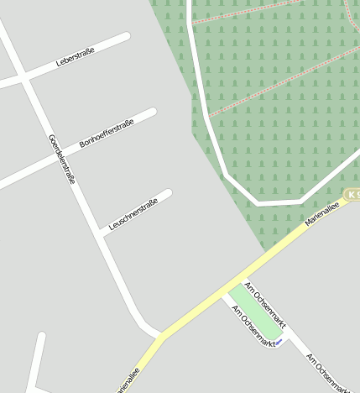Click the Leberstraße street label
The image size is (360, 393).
tap(76, 57)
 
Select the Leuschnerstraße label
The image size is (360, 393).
tap(134, 213)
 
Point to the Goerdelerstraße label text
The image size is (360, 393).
tap(62, 160)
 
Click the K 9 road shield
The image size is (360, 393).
tap(352, 196)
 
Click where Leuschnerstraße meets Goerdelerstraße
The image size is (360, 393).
tap(102, 233)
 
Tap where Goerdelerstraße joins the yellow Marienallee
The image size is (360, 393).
tap(160, 335)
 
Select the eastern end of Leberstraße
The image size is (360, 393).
tap(126, 37)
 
